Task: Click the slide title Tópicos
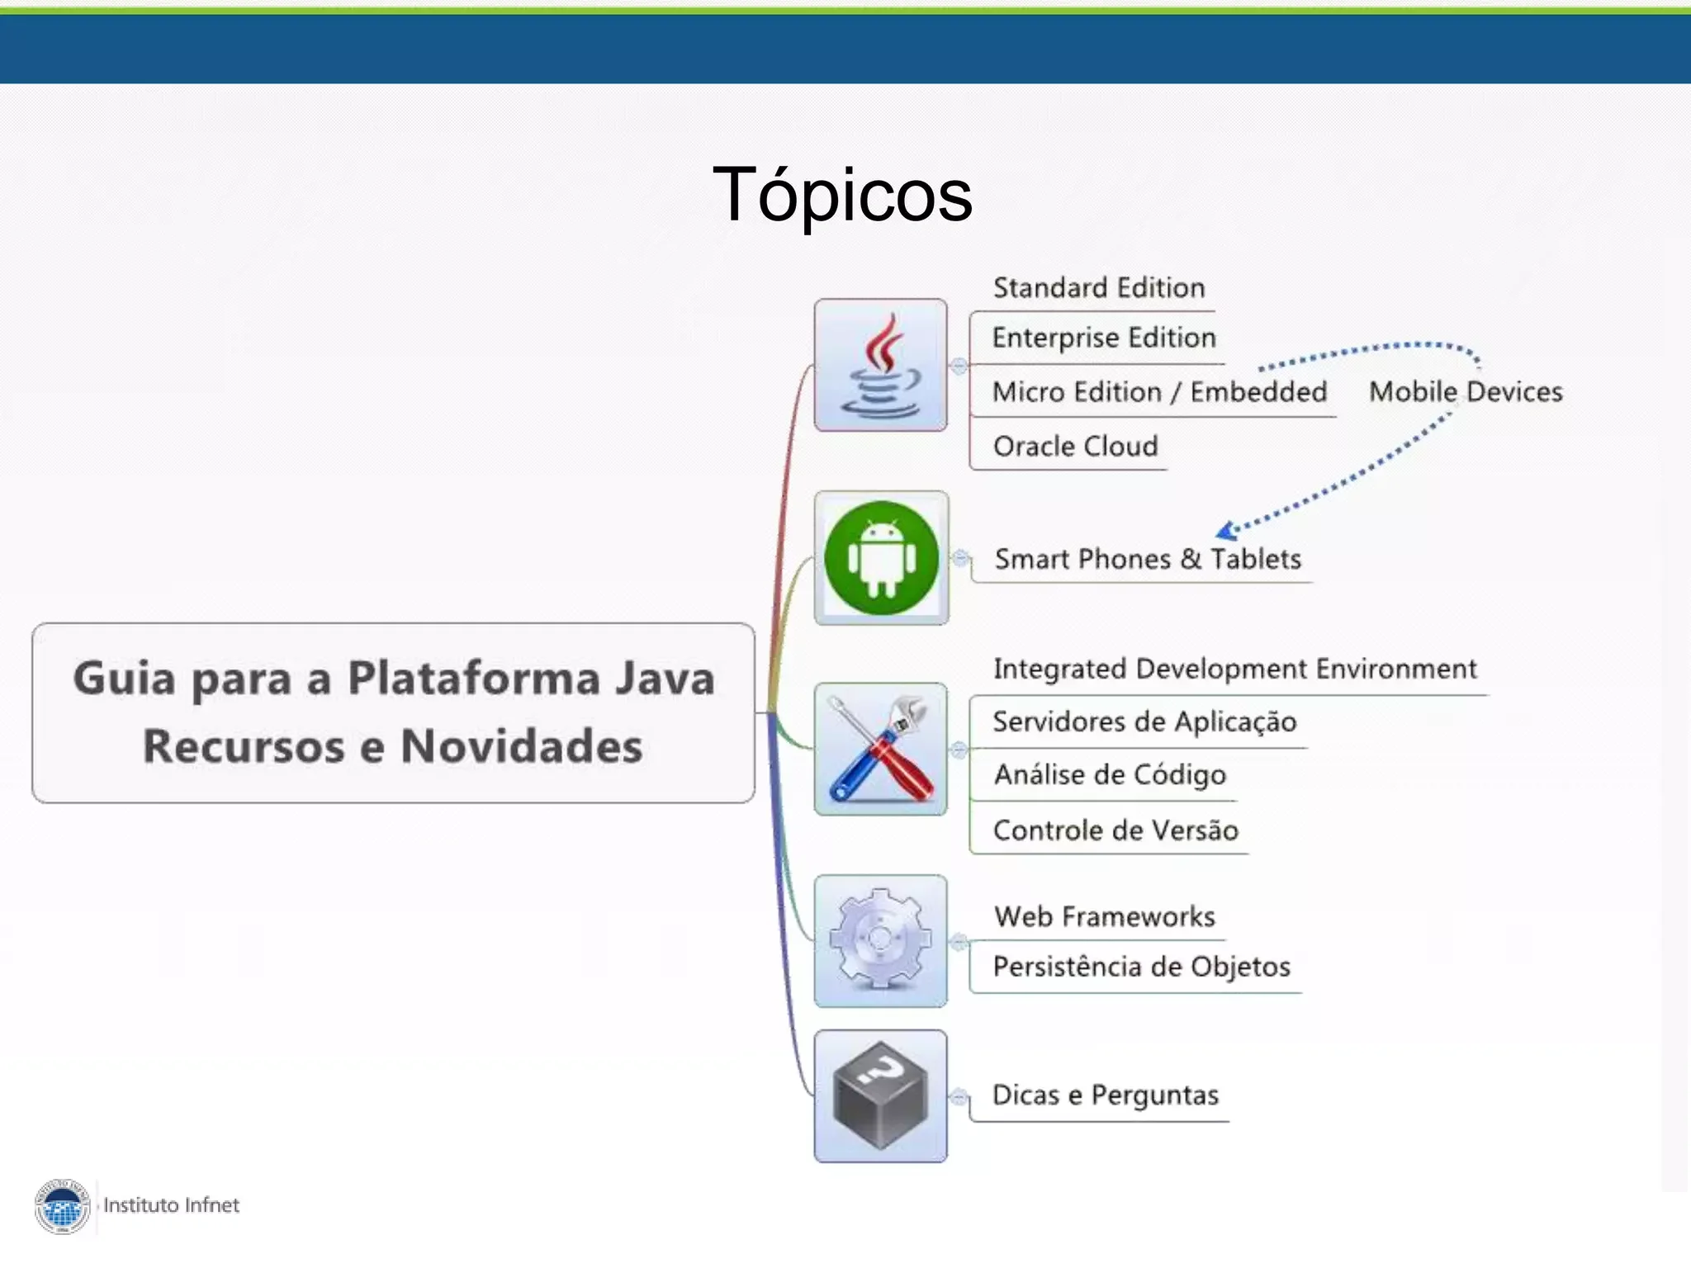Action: (842, 195)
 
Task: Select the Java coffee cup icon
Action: (880, 365)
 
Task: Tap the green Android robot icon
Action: (881, 558)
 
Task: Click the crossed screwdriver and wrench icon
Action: (880, 750)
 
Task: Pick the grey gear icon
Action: (880, 941)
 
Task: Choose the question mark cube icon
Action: (880, 1095)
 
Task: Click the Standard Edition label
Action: (1099, 288)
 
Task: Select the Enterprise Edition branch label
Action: (1104, 338)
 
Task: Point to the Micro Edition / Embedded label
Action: (1159, 392)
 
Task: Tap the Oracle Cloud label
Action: (1075, 447)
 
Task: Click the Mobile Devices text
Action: (1466, 391)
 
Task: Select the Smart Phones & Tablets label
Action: (1148, 560)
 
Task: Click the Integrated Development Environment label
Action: (1234, 669)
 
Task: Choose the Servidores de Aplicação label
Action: (1144, 722)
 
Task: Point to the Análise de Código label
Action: (1110, 775)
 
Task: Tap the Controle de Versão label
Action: (1115, 830)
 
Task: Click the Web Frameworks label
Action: (1105, 916)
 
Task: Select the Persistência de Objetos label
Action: (1141, 967)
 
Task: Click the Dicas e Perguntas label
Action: (1106, 1095)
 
